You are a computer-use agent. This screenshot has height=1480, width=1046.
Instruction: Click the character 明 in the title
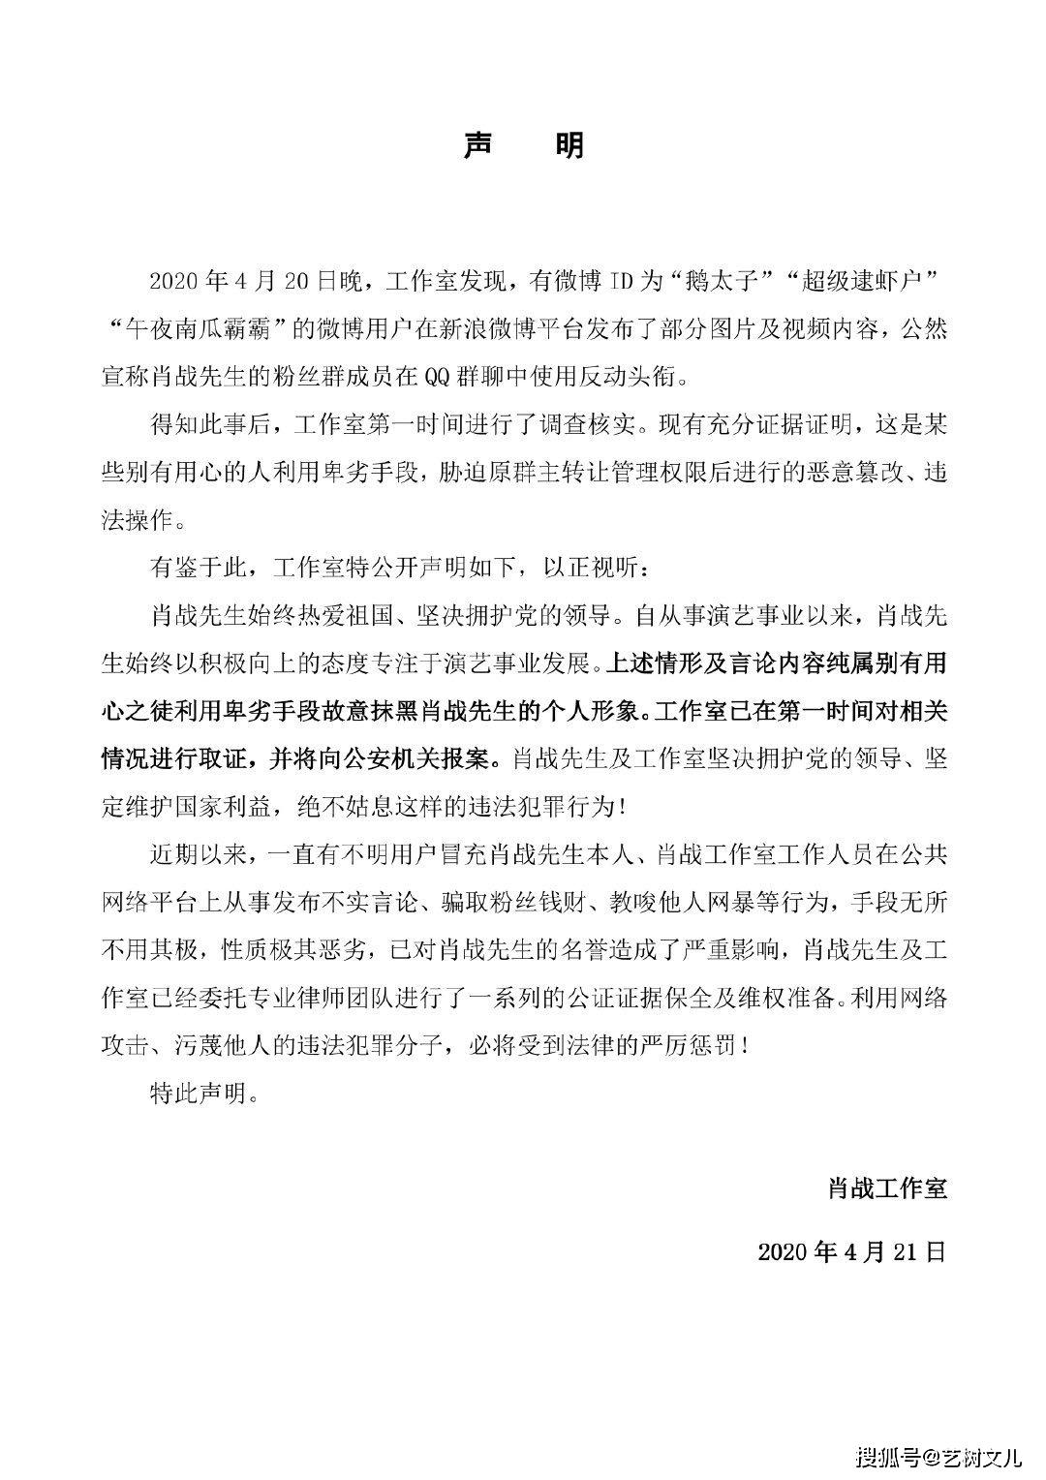569,146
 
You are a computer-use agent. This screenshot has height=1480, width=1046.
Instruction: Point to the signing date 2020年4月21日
851,1251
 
